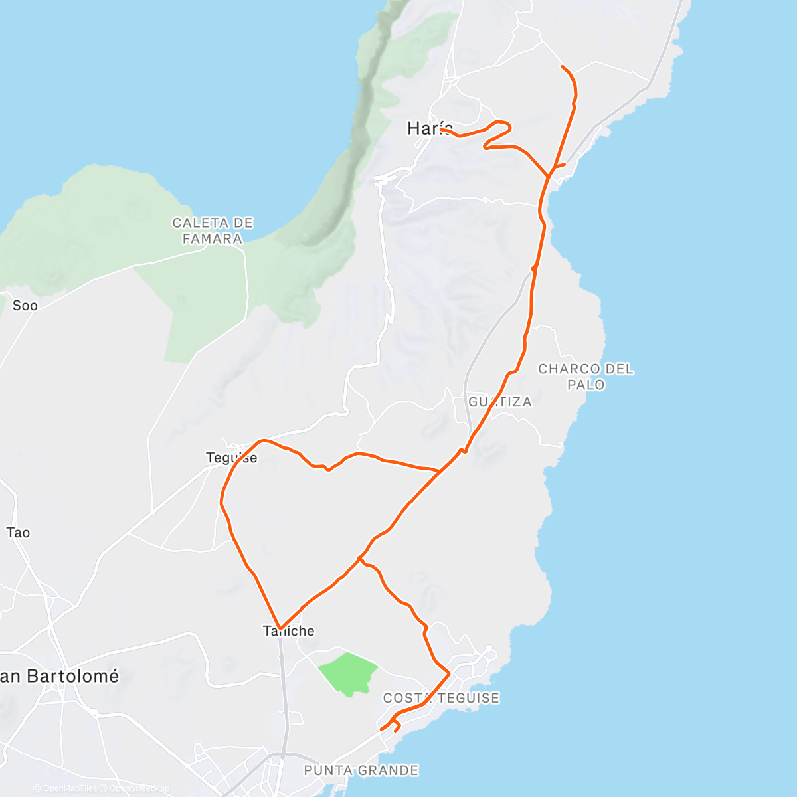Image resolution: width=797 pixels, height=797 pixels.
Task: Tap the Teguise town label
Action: tap(231, 458)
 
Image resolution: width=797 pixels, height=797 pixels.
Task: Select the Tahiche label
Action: tap(289, 631)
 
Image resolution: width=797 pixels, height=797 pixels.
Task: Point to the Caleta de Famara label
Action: tap(213, 230)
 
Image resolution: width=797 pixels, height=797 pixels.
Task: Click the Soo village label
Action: tap(25, 306)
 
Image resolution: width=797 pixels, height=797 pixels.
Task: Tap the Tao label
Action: tap(18, 533)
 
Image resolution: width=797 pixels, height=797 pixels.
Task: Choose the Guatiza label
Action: tap(500, 402)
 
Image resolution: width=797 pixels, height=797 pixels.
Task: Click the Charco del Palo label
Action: tap(586, 377)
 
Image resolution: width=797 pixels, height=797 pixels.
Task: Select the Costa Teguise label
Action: tap(441, 698)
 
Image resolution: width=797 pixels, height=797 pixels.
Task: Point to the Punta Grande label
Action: tap(361, 770)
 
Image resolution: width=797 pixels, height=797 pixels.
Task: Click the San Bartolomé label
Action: tap(60, 676)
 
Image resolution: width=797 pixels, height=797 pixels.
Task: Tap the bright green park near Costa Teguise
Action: tap(348, 672)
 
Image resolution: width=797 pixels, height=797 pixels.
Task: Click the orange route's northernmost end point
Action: tap(563, 67)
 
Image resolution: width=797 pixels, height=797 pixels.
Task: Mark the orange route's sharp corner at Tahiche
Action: tap(281, 628)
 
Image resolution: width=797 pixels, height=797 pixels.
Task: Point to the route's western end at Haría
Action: tap(441, 130)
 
